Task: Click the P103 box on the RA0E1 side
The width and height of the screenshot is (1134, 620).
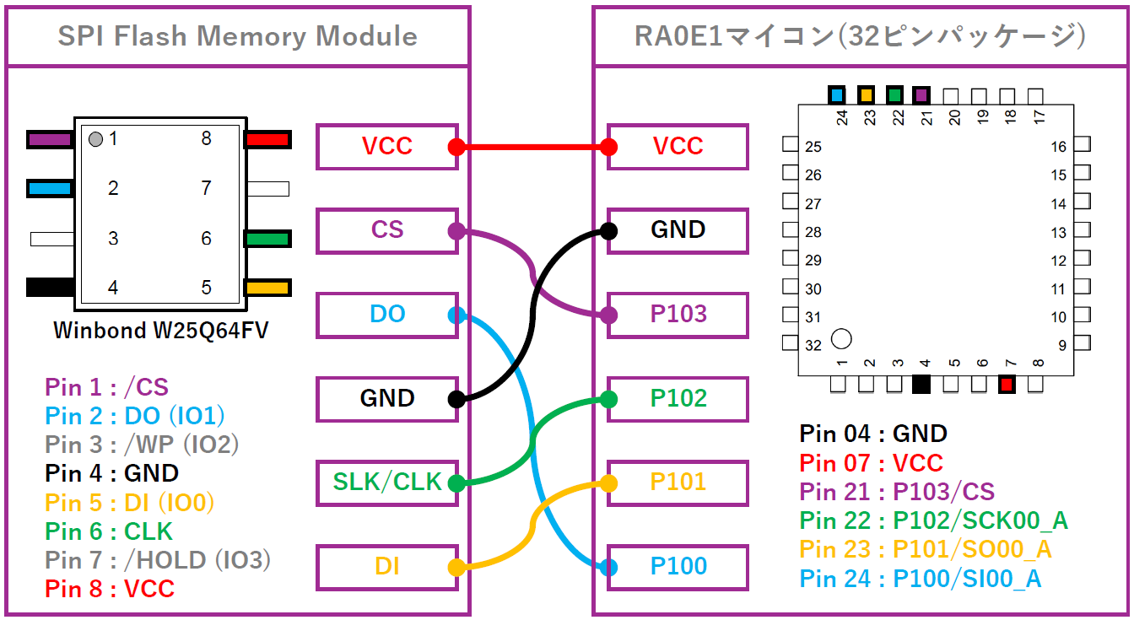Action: (x=678, y=315)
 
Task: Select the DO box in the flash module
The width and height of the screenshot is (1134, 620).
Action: (x=387, y=315)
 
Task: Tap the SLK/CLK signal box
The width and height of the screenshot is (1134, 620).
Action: (x=387, y=483)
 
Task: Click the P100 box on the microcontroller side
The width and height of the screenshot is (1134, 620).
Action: (x=678, y=567)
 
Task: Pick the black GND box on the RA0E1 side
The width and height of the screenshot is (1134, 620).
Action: (x=678, y=230)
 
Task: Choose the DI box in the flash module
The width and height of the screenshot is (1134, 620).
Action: (x=387, y=567)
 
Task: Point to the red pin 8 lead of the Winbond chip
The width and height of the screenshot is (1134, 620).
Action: (x=267, y=139)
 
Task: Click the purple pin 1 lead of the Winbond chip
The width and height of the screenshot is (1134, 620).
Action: (x=51, y=139)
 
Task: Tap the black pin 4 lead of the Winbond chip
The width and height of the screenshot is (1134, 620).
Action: (x=51, y=287)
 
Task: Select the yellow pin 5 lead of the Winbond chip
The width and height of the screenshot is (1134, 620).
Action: (x=267, y=288)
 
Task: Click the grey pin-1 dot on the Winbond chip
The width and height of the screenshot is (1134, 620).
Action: (x=96, y=139)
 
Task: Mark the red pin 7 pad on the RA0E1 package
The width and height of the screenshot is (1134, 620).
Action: (x=1007, y=385)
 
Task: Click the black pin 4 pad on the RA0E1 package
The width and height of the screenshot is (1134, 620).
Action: (x=921, y=385)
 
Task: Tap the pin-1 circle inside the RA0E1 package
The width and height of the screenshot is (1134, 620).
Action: (x=841, y=339)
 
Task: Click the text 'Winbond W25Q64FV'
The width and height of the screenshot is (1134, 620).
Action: (x=161, y=330)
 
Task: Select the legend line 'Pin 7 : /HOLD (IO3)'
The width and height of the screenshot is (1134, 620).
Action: (x=158, y=559)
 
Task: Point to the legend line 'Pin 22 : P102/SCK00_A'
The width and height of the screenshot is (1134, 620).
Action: (x=933, y=520)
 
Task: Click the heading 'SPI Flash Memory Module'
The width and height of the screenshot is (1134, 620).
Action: (x=237, y=36)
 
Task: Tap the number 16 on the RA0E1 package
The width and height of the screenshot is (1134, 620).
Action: (x=1058, y=147)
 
